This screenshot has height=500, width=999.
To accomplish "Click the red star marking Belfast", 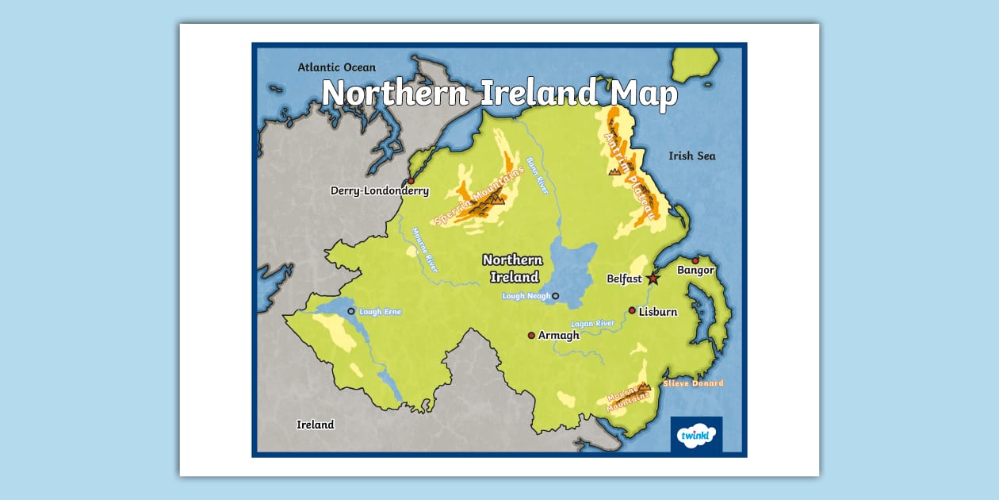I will click(x=653, y=279).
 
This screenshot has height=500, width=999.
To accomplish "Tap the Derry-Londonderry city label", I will click(x=380, y=190).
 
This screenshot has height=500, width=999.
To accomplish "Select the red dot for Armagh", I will click(x=531, y=335).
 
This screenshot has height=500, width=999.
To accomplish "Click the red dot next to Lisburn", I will click(x=632, y=310).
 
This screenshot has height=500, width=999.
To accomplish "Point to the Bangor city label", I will click(x=695, y=271).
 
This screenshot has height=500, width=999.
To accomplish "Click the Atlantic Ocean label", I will click(x=337, y=67).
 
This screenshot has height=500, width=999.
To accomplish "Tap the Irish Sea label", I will click(x=691, y=156).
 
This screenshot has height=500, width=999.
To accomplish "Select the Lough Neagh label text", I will click(x=525, y=296).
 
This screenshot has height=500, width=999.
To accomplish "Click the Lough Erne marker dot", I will click(x=351, y=311).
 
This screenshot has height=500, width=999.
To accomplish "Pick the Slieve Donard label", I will click(x=693, y=383).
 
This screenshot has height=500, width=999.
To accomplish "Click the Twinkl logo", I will click(x=696, y=435).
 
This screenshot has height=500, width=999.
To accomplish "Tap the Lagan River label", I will click(x=593, y=325).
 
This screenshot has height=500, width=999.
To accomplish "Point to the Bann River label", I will click(x=542, y=175).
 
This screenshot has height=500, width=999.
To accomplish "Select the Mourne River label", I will click(x=425, y=251).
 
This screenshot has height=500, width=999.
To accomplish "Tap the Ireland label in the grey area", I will click(x=316, y=425).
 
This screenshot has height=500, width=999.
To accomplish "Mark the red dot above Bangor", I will click(x=695, y=260).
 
